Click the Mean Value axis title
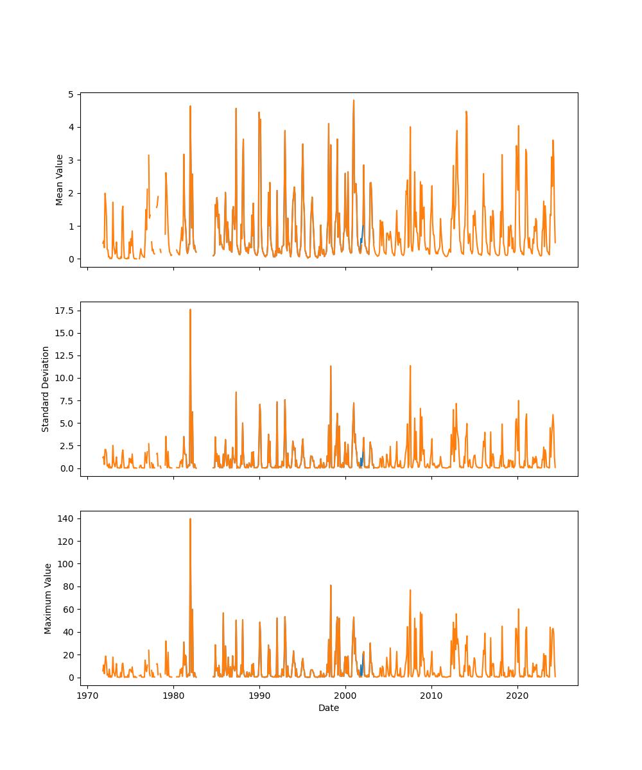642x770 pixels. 60,180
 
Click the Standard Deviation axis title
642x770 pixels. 46,389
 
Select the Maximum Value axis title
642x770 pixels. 48,598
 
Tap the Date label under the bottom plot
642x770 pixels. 329,708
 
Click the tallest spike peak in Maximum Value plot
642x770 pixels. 190,519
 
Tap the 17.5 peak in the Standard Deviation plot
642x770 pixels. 190,310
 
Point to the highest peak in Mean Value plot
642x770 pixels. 353,100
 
